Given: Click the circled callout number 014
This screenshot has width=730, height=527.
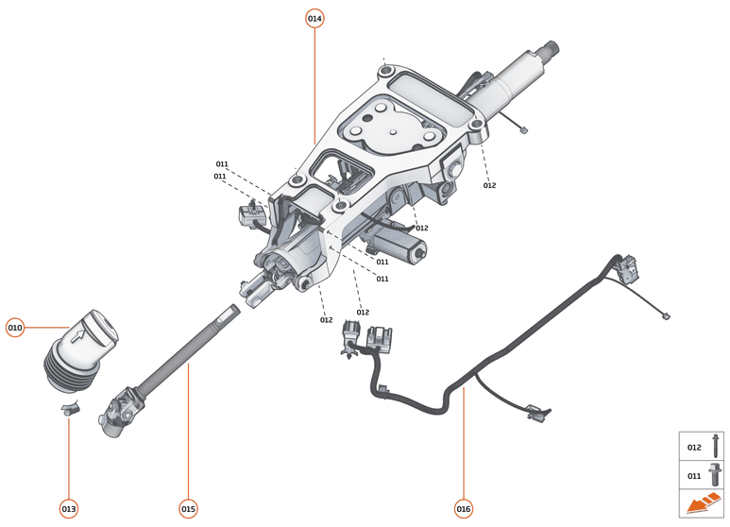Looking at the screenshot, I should (314, 19).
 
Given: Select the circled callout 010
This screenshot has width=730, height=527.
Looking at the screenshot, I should (15, 328).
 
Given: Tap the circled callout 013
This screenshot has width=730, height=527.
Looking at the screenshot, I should (69, 509).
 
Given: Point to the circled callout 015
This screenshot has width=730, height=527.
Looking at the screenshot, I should (188, 509).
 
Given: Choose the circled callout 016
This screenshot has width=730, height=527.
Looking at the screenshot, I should (463, 509).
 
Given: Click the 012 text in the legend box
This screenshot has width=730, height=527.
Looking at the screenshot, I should (694, 447).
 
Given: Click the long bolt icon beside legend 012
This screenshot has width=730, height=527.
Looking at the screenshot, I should (717, 446).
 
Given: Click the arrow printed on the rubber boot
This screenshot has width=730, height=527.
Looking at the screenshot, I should (77, 332).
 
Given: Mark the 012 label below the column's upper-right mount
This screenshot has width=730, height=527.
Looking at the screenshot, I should (489, 185).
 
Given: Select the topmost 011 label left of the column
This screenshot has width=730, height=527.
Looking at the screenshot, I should (222, 163).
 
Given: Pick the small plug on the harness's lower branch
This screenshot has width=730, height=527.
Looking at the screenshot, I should (534, 411).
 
